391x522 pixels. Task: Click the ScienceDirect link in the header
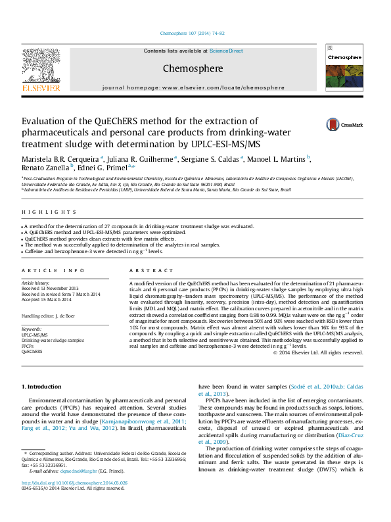[x=226, y=51]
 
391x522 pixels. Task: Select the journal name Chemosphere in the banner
[x=193, y=68]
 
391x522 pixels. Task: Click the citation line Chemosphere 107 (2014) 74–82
[x=195, y=34]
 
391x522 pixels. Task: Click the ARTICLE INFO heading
[x=53, y=271]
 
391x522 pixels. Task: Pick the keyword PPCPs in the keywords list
[x=28, y=346]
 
